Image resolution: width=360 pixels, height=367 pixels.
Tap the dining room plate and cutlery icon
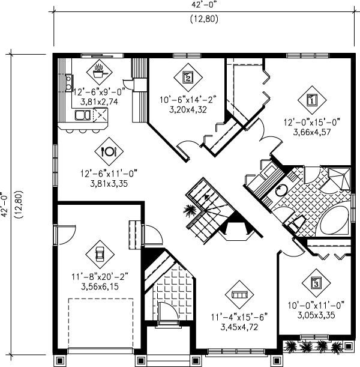(x=109, y=151)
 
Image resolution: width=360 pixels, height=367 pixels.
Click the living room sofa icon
(x=239, y=295)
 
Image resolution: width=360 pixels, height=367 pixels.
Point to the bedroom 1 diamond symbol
(x=311, y=100)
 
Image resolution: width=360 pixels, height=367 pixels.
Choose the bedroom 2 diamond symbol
(x=187, y=77)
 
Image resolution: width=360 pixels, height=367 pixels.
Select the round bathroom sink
(x=281, y=192)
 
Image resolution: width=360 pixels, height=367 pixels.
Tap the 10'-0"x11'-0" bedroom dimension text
(x=316, y=304)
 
